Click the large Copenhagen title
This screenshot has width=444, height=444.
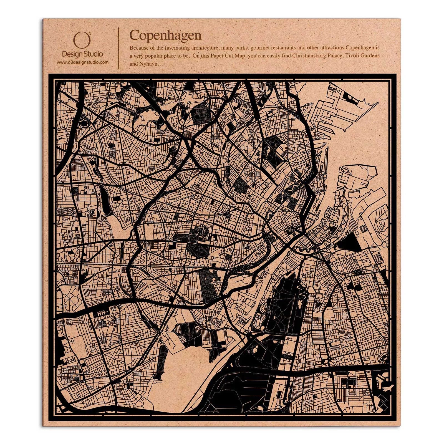(165, 35)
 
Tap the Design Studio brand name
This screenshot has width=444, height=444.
(82, 54)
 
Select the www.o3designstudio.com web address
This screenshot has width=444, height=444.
(82, 62)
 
